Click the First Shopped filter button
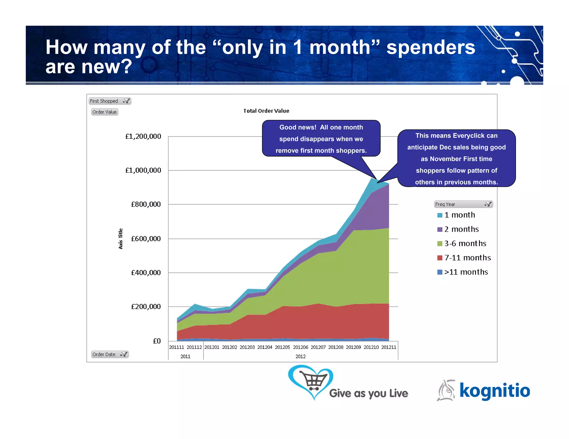tap(110, 101)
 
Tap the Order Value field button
tap(104, 112)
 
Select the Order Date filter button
tap(110, 354)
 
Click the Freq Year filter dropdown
tap(463, 204)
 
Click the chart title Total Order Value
tap(266, 111)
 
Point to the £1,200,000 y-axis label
tap(143, 137)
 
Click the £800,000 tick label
tap(146, 205)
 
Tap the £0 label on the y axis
tap(157, 341)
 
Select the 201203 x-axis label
tap(247, 347)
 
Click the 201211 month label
tap(389, 347)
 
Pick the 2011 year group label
tap(185, 357)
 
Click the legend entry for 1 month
tap(460, 215)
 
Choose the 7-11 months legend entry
tap(467, 258)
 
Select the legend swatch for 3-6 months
tap(440, 244)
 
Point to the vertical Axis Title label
tap(121, 239)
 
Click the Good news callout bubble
tap(321, 139)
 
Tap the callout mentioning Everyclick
tap(456, 158)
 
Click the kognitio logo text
tap(495, 390)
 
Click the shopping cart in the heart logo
tap(314, 380)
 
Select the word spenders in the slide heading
tap(431, 47)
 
